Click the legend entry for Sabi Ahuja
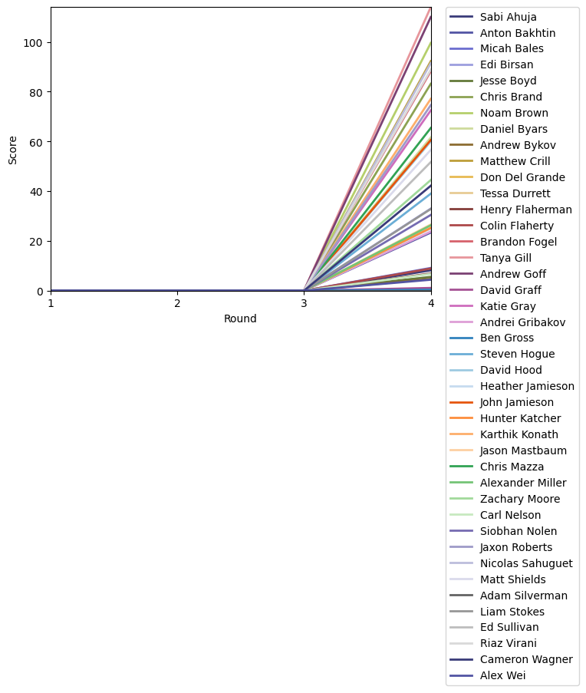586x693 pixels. pos(508,16)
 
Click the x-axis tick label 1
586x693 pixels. pos(51,303)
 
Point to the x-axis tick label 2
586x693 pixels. pos(177,303)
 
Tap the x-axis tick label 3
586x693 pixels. pos(304,303)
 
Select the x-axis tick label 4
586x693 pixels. pos(430,303)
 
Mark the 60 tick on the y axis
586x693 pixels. pos(35,142)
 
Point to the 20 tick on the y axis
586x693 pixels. pos(35,241)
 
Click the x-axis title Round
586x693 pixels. pos(240,318)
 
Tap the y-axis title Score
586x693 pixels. pos(12,149)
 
